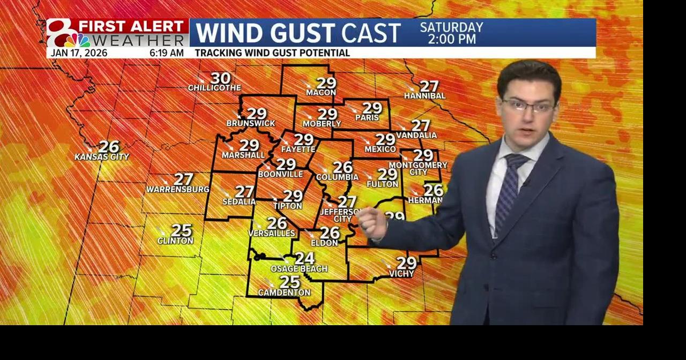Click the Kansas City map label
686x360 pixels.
[102, 157]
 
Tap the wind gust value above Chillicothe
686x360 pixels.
[220, 78]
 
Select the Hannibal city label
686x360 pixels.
[424, 96]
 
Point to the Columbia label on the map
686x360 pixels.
[337, 177]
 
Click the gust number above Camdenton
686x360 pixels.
[290, 282]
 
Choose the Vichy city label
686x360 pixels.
[401, 274]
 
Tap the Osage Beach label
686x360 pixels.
[299, 269]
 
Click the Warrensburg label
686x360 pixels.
[178, 190]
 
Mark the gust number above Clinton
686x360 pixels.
[182, 230]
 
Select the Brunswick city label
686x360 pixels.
[251, 123]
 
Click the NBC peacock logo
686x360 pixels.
[78, 40]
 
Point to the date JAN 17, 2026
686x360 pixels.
[79, 53]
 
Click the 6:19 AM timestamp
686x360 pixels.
[166, 53]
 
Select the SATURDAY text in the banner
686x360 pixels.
[451, 27]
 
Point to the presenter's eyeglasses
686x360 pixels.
[528, 106]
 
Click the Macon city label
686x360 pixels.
[320, 93]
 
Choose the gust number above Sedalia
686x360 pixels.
[244, 191]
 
